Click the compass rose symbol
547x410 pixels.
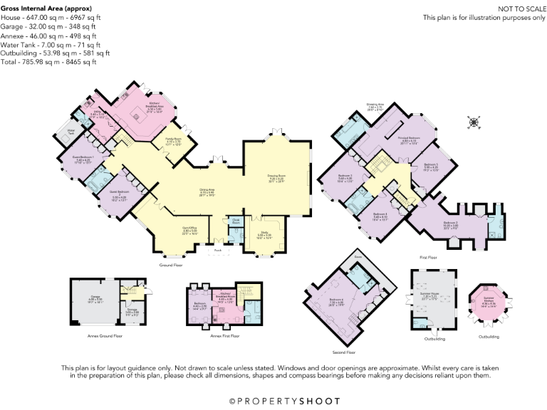click(x=472, y=122)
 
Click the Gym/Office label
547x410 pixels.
click(x=190, y=229)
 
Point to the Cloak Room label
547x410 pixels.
click(x=235, y=221)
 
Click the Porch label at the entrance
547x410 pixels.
click(x=217, y=250)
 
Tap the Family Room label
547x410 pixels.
click(x=174, y=142)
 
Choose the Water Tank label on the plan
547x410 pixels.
click(x=71, y=132)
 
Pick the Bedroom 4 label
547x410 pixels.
click(x=380, y=215)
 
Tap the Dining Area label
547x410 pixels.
click(x=207, y=190)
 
